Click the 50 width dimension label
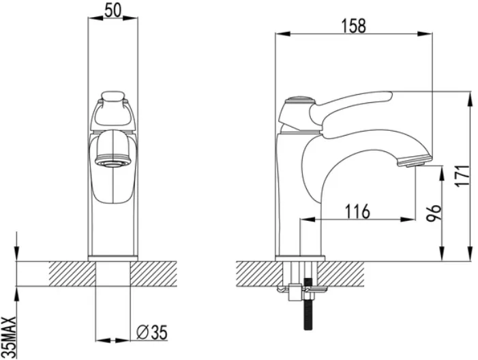[x=113, y=11]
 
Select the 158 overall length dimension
[x=353, y=26]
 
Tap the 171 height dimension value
[x=464, y=176]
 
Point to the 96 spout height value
[x=434, y=213]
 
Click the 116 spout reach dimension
[x=357, y=211]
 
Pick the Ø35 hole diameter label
[x=152, y=332]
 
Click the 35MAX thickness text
[x=10, y=337]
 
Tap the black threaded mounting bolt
[x=308, y=304]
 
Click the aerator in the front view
[x=113, y=162]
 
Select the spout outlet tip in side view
[x=414, y=160]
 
